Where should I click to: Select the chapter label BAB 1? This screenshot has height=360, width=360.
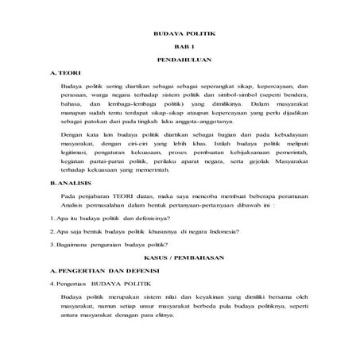pos(179,49)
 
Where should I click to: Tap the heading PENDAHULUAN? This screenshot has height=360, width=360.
pos(179,61)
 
